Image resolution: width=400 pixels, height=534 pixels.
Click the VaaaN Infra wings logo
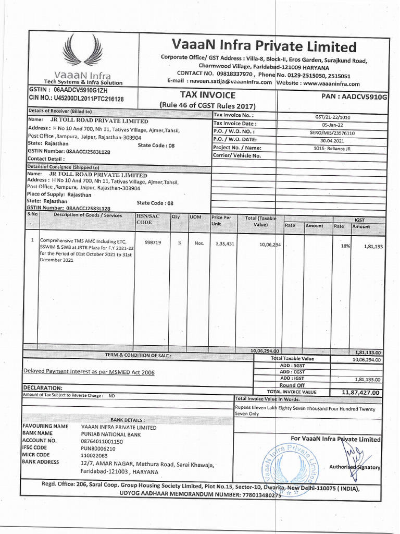[81, 55]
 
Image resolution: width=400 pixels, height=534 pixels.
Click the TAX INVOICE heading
[208, 95]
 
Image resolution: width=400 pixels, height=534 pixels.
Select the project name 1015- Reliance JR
[332, 148]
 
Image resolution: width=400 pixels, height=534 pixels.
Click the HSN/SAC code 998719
[153, 242]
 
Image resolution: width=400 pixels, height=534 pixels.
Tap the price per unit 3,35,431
[224, 244]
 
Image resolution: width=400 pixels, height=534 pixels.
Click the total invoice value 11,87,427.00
[361, 392]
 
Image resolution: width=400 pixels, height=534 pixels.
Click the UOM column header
[196, 216]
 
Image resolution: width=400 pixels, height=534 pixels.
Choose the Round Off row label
[292, 385]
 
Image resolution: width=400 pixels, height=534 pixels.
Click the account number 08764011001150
[109, 441]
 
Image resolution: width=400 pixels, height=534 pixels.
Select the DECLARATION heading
[43, 388]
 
